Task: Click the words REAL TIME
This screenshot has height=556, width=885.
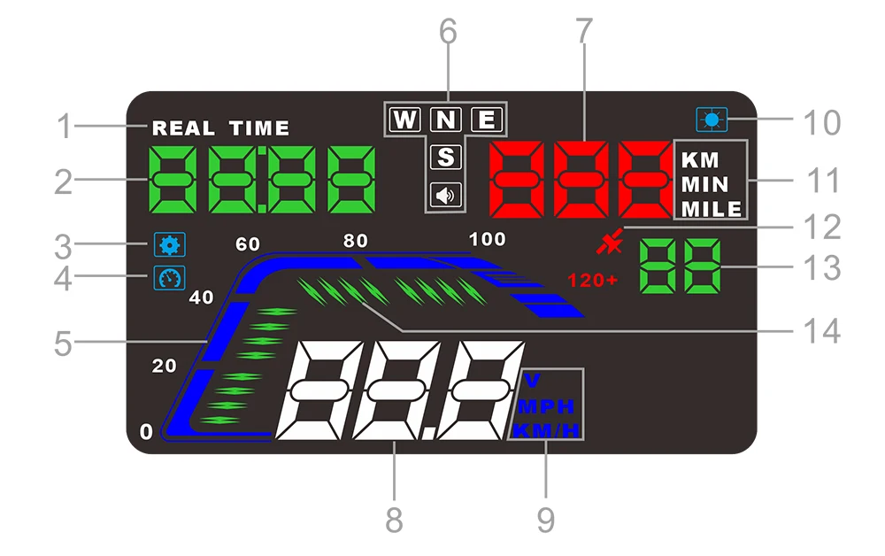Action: click(220, 128)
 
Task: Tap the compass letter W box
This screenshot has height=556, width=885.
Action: click(405, 120)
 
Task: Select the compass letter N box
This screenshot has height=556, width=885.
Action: click(447, 120)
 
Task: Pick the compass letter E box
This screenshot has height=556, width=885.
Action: click(487, 120)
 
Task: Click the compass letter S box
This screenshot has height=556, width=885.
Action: click(447, 158)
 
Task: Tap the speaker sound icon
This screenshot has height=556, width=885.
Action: click(446, 195)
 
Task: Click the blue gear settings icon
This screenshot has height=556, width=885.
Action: click(165, 243)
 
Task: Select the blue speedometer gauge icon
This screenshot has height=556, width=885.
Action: click(165, 278)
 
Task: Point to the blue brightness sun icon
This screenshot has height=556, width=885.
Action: click(712, 119)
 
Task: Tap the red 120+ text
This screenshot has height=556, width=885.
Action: click(592, 281)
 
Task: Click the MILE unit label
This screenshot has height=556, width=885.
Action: click(712, 210)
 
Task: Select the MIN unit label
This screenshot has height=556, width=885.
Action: click(704, 185)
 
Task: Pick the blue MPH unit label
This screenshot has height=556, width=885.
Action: click(545, 407)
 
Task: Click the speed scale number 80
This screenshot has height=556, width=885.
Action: click(355, 240)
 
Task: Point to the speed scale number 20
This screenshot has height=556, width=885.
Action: click(165, 366)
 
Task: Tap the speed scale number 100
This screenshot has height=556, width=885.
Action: click(487, 239)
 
